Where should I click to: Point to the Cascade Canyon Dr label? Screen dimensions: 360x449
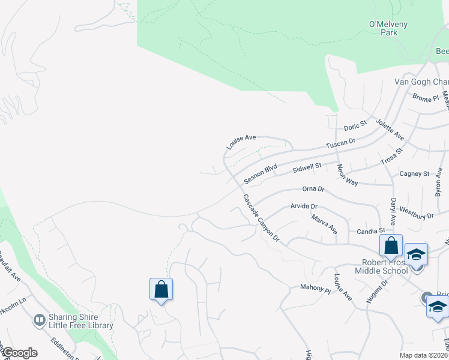pyautogui.click(x=262, y=218)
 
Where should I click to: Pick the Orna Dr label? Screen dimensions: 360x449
pyautogui.click(x=313, y=189)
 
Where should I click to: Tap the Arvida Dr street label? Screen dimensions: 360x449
pyautogui.click(x=304, y=206)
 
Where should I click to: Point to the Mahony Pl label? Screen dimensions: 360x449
pyautogui.click(x=316, y=288)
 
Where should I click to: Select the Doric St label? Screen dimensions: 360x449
pyautogui.click(x=355, y=126)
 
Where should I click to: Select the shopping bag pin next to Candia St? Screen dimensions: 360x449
pyautogui.click(x=391, y=245)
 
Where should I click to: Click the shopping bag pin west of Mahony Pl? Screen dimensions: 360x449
pyautogui.click(x=161, y=289)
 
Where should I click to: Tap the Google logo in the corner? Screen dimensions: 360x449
pyautogui.click(x=19, y=353)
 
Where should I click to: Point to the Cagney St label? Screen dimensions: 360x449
pyautogui.click(x=414, y=174)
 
